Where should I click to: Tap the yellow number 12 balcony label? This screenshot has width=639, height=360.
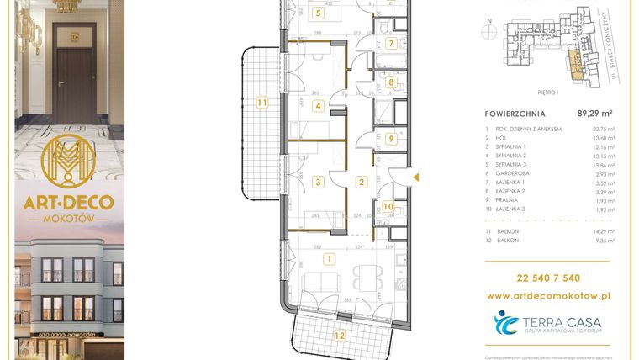coord(338,335)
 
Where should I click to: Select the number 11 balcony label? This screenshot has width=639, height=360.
coord(262,102)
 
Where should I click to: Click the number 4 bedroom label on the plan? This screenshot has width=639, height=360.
coord(318,106)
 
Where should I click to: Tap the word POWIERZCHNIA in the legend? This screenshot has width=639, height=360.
coord(515,114)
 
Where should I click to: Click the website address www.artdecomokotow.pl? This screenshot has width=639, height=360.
coord(548,296)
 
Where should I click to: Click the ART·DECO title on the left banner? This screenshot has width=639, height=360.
coord(69,203)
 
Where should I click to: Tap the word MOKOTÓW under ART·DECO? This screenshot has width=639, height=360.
coord(69,219)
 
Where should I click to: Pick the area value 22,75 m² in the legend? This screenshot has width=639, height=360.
coord(603,128)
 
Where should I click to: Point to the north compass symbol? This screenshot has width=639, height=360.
coord(488,31)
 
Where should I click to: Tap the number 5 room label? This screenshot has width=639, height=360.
coord(318,13)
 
